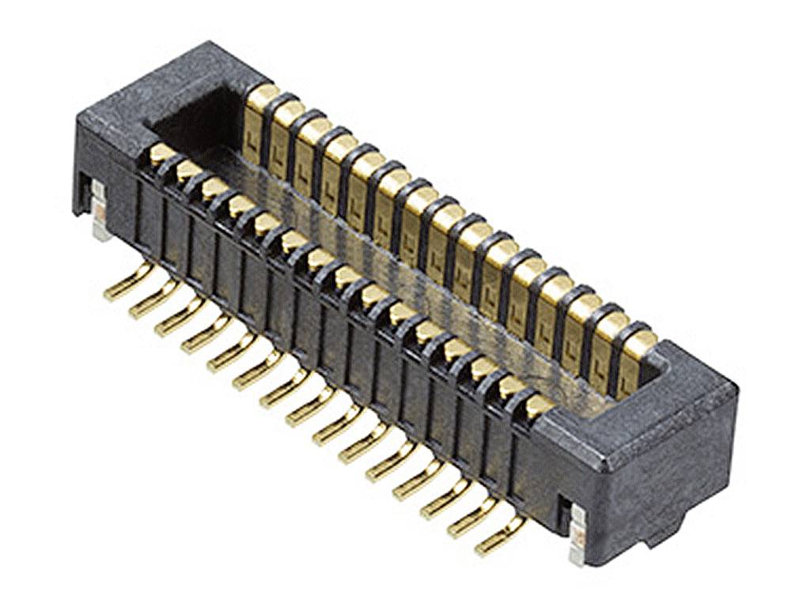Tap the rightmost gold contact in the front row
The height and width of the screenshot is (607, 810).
pos(538,405)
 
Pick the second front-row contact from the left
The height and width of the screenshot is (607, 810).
pos(188,169)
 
